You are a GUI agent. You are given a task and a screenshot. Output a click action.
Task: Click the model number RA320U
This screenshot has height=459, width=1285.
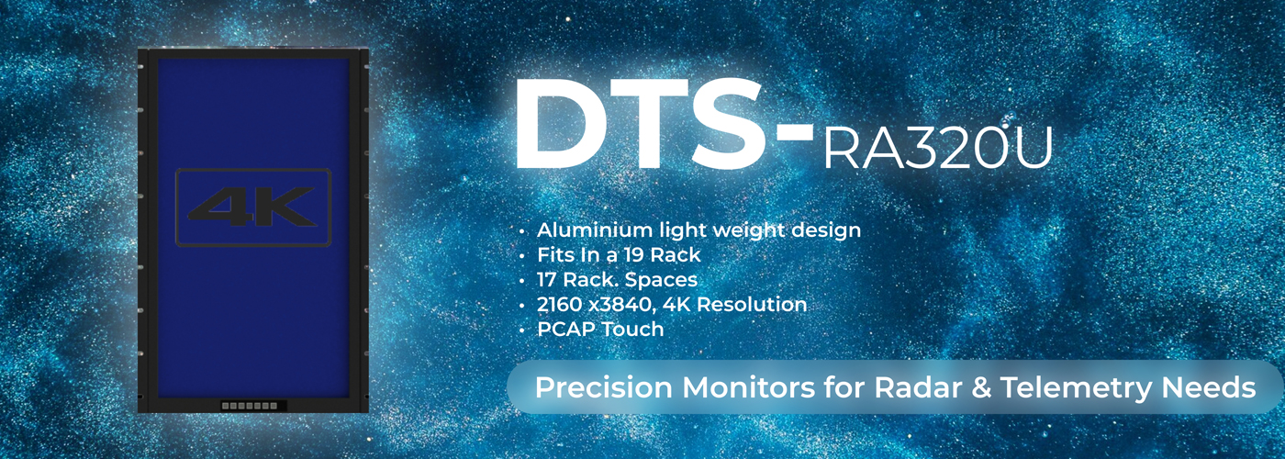[x=938, y=148]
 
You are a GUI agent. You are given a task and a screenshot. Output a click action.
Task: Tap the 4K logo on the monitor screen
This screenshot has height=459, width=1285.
[x=253, y=207]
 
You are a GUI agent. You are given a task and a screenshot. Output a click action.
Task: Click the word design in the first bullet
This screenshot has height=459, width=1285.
[x=826, y=231]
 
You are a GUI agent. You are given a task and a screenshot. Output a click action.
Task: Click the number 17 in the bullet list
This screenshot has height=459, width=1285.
[x=547, y=280]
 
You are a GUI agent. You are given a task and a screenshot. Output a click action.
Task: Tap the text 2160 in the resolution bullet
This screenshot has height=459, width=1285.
[x=559, y=304]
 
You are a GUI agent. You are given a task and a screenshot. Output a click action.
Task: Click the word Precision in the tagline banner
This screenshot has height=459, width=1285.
[x=604, y=387]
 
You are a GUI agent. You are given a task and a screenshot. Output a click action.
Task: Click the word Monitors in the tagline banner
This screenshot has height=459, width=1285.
[x=749, y=387]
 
